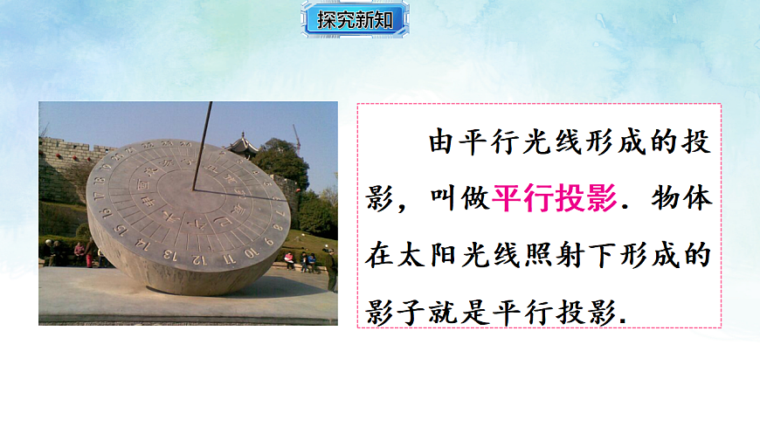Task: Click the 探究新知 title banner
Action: coord(356,20)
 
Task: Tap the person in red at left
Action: coord(79,251)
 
